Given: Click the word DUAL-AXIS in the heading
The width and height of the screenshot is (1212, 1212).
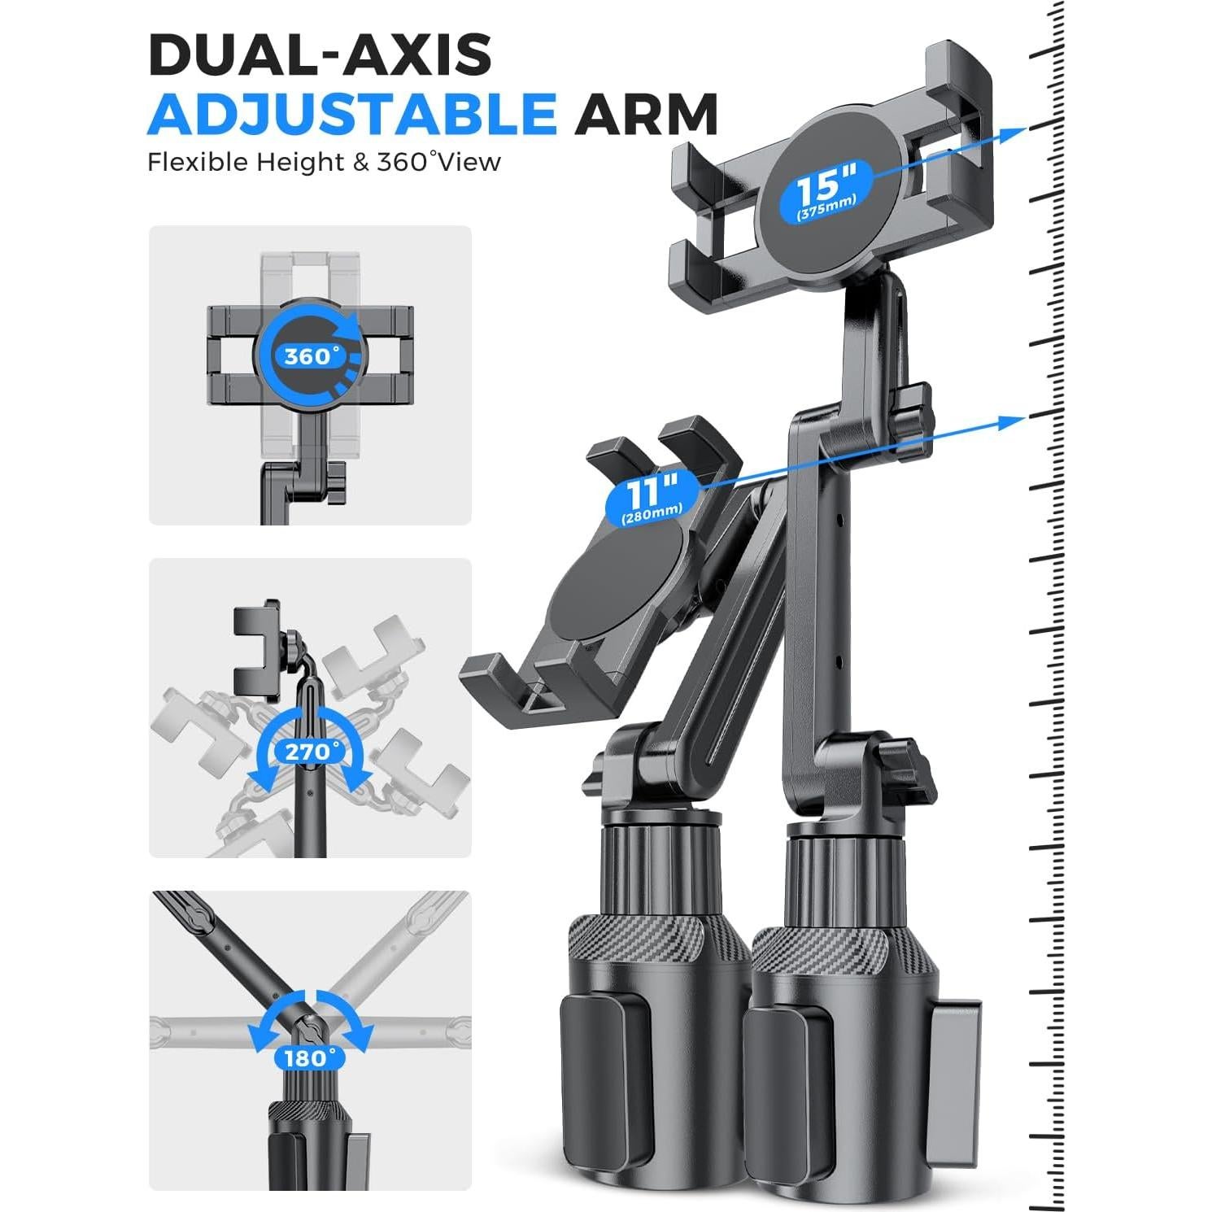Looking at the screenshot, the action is point(320,54).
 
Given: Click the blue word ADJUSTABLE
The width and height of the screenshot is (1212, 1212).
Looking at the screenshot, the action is point(352,114).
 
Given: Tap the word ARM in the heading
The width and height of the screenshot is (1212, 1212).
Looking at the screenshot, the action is point(647,114).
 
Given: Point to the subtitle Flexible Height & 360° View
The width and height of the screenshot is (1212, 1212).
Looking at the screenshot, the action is point(324,162).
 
